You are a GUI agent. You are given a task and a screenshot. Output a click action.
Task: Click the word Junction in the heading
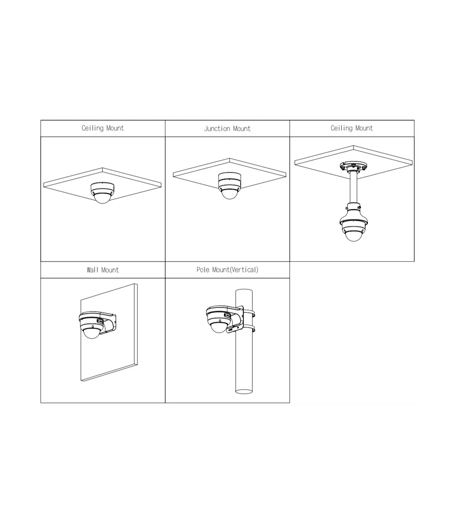click(217, 128)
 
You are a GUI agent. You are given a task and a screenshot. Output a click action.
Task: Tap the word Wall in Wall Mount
click(93, 270)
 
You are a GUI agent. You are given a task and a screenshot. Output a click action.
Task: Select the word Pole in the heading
click(203, 270)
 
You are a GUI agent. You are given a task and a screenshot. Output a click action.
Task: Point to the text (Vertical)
click(244, 270)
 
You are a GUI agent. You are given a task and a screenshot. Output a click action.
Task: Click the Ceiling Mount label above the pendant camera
click(352, 128)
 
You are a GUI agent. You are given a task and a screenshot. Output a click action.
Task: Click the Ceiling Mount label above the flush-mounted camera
click(102, 128)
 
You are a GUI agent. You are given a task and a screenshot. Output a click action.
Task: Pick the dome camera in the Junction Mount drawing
click(230, 186)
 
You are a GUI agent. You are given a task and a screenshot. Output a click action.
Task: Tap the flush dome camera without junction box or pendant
click(102, 193)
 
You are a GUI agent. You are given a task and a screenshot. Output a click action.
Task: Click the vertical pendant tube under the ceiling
click(353, 188)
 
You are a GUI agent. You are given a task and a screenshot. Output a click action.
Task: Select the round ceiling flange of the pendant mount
click(353, 166)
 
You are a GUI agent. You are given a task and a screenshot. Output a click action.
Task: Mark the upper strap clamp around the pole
click(249, 313)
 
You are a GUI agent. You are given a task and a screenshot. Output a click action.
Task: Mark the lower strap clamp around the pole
click(249, 328)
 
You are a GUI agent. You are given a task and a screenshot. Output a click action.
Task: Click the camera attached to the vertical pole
click(219, 319)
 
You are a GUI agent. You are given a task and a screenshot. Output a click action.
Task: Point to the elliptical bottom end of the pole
click(244, 391)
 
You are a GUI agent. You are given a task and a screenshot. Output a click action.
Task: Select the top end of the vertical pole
click(244, 290)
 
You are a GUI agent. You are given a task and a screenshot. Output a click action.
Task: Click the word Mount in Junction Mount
click(242, 128)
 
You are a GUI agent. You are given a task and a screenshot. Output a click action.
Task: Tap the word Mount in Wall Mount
click(110, 270)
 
